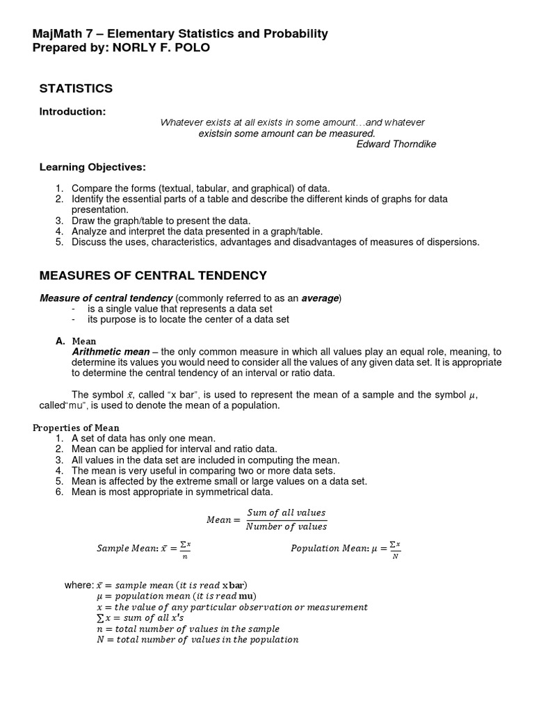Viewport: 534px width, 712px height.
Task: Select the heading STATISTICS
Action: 76,88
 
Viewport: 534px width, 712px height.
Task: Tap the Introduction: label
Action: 72,111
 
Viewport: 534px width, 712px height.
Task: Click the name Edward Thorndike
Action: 396,144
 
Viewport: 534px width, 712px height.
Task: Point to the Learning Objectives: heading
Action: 92,167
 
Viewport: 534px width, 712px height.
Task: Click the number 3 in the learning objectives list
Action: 60,220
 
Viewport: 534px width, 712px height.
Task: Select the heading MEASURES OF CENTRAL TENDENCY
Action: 153,276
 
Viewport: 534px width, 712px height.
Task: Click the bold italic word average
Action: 320,298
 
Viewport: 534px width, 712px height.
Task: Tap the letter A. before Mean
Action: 60,341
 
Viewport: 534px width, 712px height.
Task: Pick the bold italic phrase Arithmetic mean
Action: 111,352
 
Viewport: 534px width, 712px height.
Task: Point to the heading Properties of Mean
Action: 76,428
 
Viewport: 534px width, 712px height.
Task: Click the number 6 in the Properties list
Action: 60,492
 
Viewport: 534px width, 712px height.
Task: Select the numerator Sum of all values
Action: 286,512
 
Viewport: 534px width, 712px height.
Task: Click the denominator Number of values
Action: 286,526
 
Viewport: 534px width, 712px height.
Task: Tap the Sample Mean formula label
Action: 129,549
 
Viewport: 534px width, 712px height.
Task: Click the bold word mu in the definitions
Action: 246,596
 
